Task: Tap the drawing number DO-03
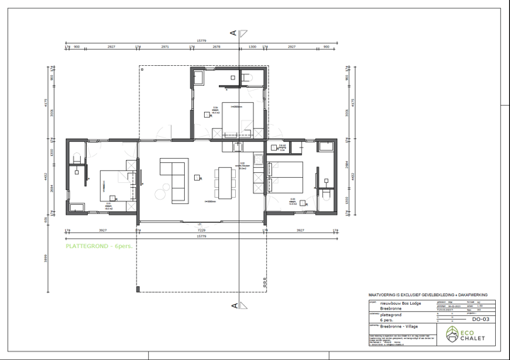(x=482, y=320)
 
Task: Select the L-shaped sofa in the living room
(x=174, y=175)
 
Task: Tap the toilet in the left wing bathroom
(x=76, y=168)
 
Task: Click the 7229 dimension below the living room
(x=201, y=230)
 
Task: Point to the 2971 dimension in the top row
(x=165, y=47)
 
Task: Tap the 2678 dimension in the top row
(x=217, y=47)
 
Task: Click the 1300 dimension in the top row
(x=251, y=47)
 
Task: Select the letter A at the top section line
(x=233, y=32)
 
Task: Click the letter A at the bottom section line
(x=233, y=306)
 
